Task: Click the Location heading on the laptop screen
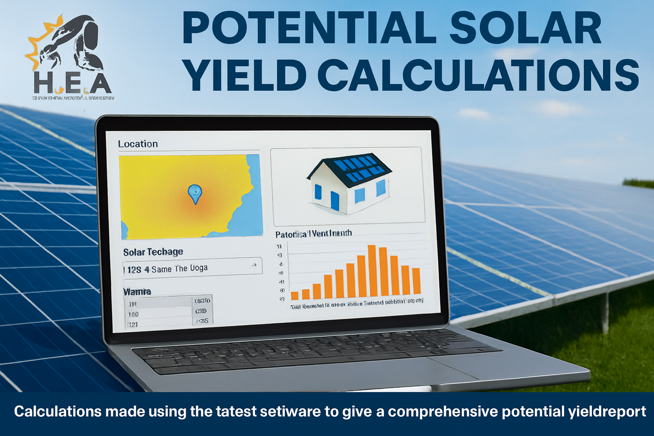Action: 138,144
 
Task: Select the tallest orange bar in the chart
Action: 372,270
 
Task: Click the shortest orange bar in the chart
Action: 295,295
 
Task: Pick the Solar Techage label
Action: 153,252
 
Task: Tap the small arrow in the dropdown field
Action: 254,265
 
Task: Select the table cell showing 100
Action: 133,314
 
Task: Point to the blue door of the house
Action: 335,201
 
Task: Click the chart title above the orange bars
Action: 313,233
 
